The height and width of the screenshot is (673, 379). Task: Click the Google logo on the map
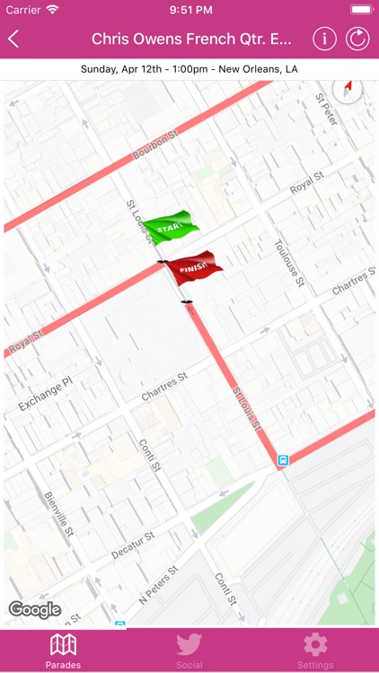click(x=34, y=610)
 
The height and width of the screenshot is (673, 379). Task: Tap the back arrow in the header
click(x=13, y=39)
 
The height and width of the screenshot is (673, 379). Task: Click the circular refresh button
click(x=357, y=39)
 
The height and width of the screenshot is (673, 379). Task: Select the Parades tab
click(x=63, y=650)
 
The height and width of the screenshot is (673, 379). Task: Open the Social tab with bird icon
click(x=189, y=650)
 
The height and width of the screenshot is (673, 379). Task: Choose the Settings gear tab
click(x=315, y=650)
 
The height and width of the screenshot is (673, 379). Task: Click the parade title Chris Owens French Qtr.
click(x=191, y=39)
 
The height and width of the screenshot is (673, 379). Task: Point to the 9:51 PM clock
click(x=189, y=9)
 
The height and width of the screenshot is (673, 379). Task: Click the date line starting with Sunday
click(x=189, y=69)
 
